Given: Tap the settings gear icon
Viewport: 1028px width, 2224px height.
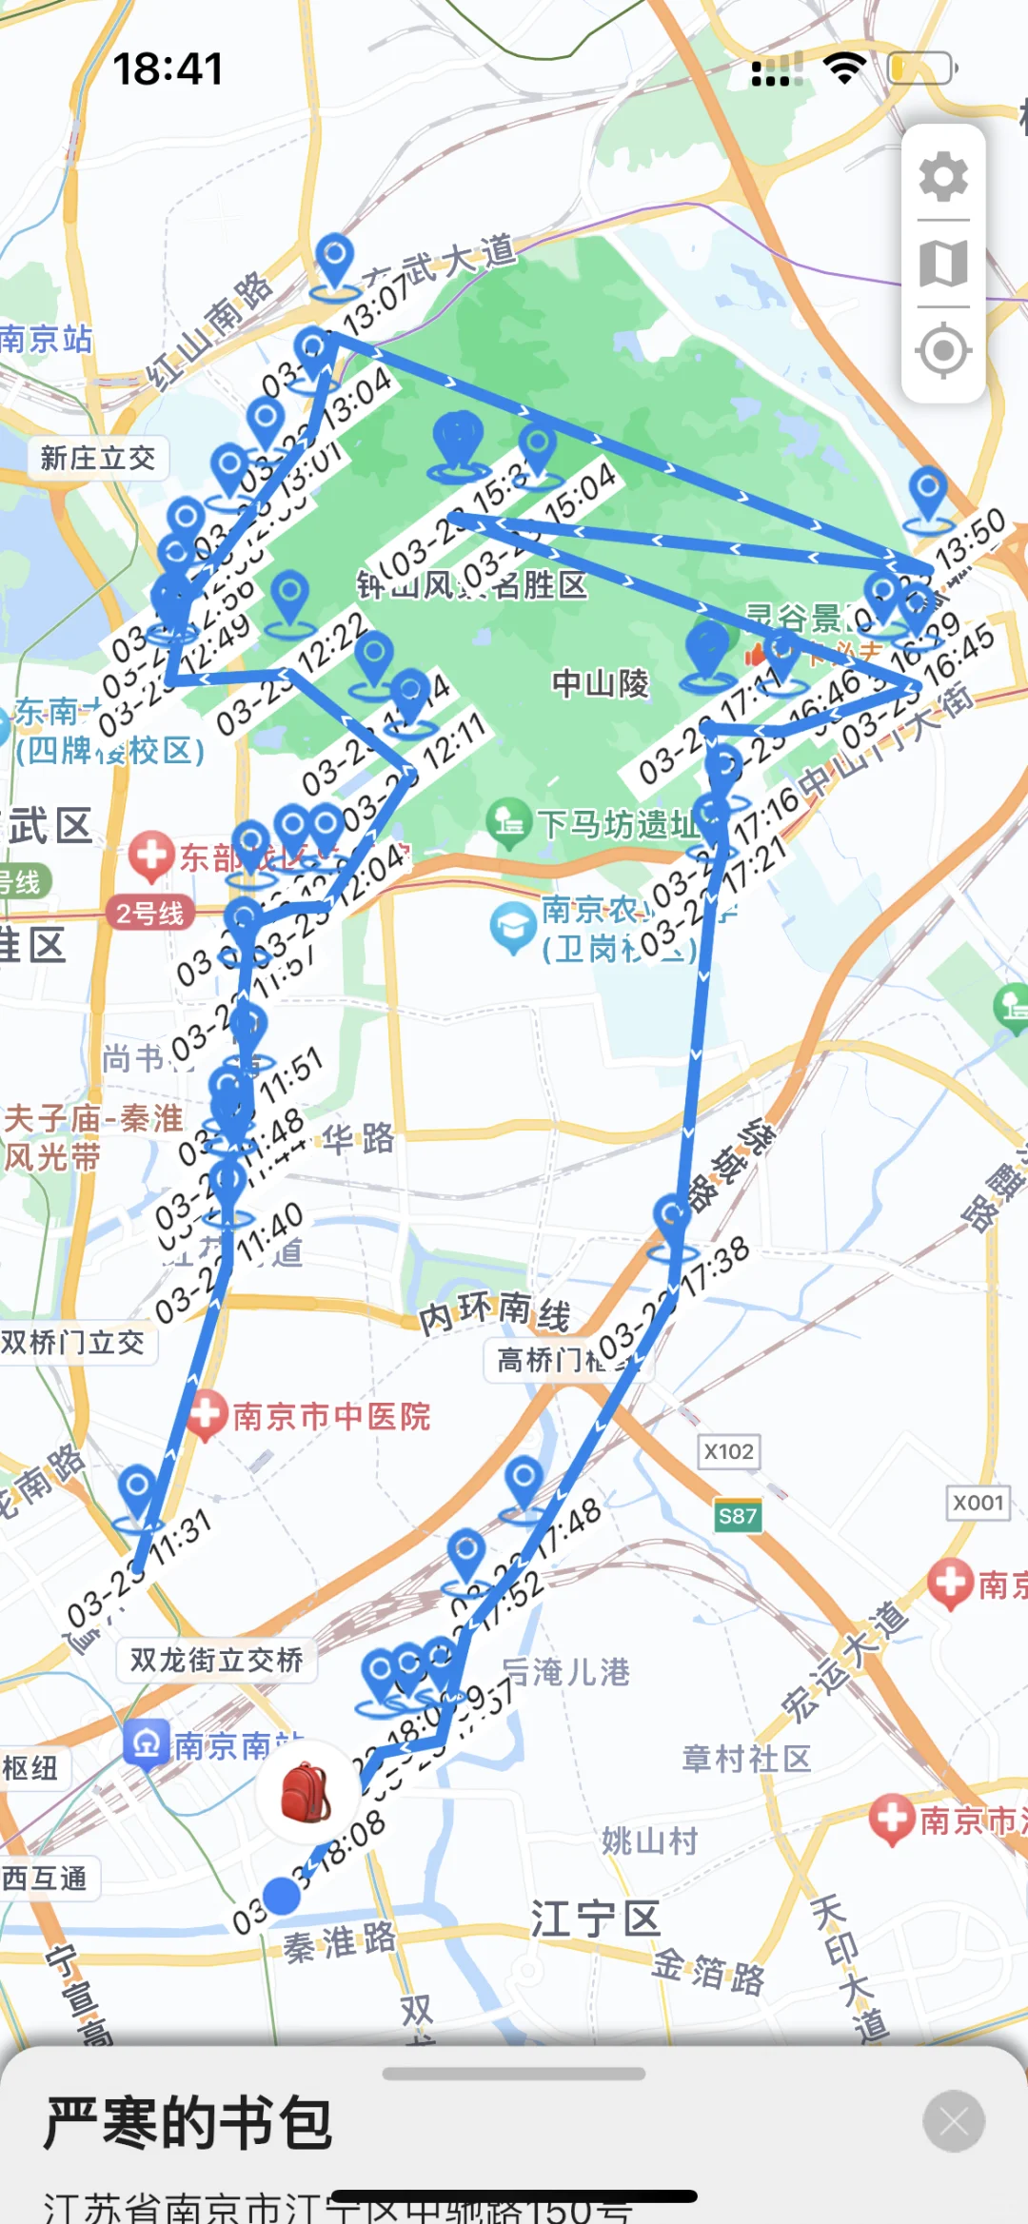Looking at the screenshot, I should click(943, 176).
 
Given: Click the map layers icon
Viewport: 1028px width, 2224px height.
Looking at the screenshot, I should click(943, 264).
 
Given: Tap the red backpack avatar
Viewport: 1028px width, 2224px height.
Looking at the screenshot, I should click(306, 1792).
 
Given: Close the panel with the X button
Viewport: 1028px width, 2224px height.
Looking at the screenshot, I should click(953, 2121).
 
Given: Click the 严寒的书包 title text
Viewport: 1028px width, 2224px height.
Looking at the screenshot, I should click(188, 2123).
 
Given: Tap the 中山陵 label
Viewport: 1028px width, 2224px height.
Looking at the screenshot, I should click(601, 683).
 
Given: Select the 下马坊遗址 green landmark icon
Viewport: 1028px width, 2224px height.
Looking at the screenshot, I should click(509, 820).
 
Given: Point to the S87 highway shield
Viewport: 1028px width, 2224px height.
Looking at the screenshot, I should click(738, 1516).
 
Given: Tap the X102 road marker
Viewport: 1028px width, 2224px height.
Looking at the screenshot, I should click(729, 1451).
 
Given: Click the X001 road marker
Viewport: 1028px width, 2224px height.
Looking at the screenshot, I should click(979, 1503).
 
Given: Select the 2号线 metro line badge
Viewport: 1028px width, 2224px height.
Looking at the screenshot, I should click(150, 914).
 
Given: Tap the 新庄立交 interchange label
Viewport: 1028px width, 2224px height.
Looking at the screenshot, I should click(98, 458).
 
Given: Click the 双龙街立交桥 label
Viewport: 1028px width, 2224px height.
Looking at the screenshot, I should click(216, 1661).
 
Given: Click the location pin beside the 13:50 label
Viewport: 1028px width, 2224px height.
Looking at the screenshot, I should click(928, 493).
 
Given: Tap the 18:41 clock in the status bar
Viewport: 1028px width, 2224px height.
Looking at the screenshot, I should click(168, 69).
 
